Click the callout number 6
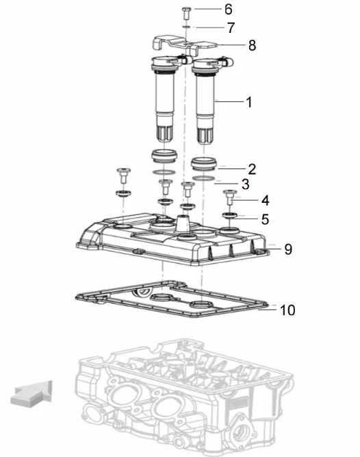[x=229, y=10]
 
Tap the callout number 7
[x=231, y=27]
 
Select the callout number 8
[x=252, y=45]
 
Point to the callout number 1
[x=249, y=102]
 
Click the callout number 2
[x=252, y=169]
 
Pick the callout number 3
[x=246, y=184]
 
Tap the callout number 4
[x=265, y=201]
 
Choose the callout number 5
[x=265, y=219]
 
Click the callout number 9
[x=288, y=249]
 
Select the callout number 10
[x=287, y=310]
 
